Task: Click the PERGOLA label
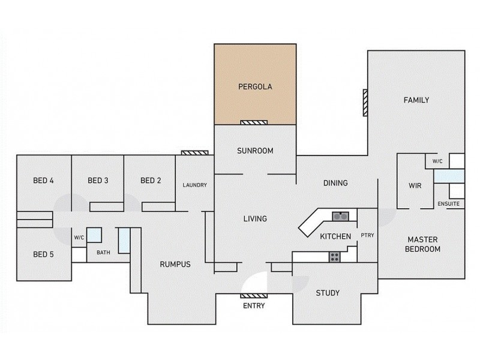pos(255,86)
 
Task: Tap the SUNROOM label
pos(255,151)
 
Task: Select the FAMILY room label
pos(416,100)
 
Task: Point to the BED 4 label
pos(43,180)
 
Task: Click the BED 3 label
pos(98,180)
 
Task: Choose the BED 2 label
pos(151,180)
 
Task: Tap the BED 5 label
pos(43,254)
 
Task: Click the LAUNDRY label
pos(194,185)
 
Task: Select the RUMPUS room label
pos(175,264)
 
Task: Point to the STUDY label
pos(328,293)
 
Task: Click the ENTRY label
pos(254,305)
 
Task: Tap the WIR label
pos(415,185)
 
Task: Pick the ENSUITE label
pos(448,204)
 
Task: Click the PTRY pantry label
pos(367,235)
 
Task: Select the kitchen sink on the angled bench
pos(340,216)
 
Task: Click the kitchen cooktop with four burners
pos(334,257)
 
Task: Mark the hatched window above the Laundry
pos(194,153)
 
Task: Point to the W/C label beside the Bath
pos(79,237)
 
